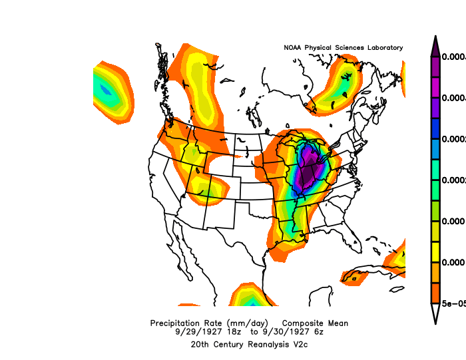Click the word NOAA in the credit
(293, 48)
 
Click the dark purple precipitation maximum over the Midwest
(308, 174)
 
